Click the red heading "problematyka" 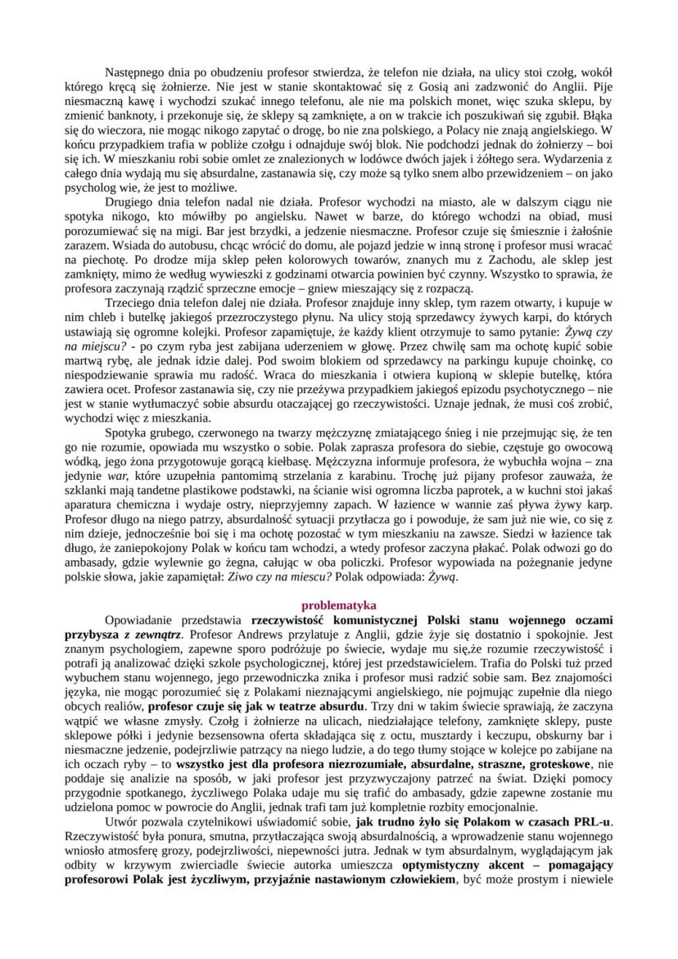coord(338,606)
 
